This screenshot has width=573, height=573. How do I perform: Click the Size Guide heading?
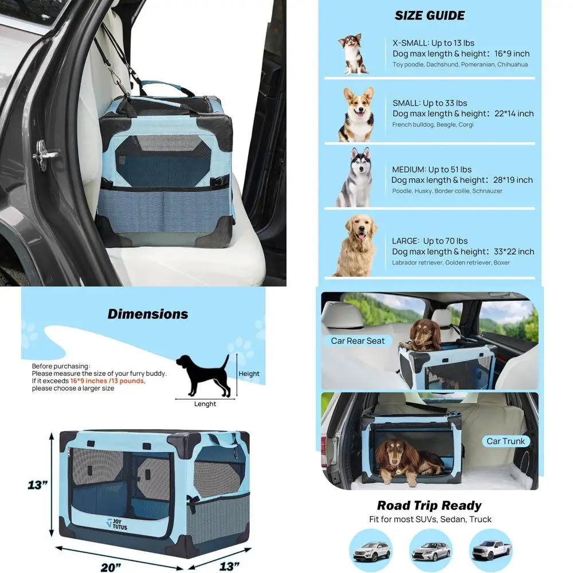coord(430,15)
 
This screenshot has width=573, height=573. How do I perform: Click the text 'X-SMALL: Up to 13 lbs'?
coord(433,43)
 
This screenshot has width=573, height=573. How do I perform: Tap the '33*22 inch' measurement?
coord(513,252)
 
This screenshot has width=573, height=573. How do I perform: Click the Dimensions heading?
coord(148,314)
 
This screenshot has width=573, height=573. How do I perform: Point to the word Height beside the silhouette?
coord(249,374)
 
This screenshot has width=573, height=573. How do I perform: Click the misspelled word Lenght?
coord(205,404)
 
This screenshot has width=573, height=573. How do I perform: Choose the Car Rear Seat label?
coord(358,341)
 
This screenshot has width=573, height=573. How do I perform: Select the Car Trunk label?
coord(505,441)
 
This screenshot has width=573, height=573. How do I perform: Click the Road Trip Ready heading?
coord(429,505)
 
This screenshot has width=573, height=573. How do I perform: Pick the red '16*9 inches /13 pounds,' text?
coord(108,380)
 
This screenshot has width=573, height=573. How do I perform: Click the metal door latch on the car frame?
coord(45,153)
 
